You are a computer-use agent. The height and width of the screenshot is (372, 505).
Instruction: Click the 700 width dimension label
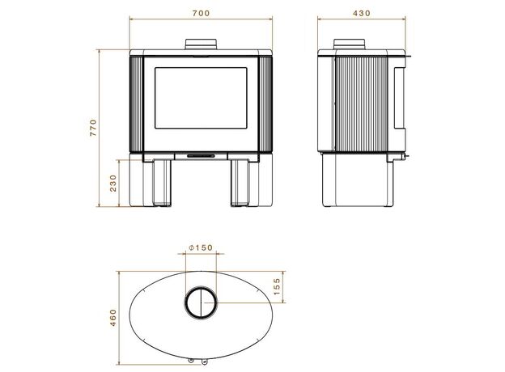click(x=201, y=13)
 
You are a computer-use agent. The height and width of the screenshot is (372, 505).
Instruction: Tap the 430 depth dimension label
click(x=362, y=13)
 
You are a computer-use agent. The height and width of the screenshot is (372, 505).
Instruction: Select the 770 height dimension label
click(x=93, y=128)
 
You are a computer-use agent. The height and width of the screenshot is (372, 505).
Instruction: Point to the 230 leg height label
click(x=113, y=183)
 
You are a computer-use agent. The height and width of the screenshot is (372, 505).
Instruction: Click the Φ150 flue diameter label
click(x=201, y=247)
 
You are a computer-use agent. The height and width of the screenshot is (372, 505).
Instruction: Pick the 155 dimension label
click(x=277, y=286)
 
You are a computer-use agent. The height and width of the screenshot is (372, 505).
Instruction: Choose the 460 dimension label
click(x=113, y=318)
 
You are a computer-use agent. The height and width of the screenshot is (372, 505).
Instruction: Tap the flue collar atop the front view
click(x=201, y=44)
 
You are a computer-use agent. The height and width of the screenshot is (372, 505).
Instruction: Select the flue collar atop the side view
click(x=350, y=44)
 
